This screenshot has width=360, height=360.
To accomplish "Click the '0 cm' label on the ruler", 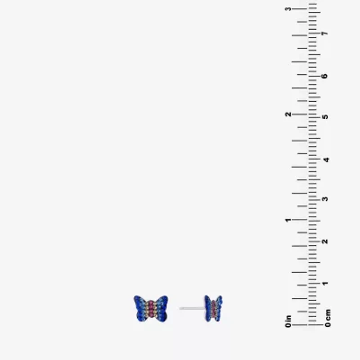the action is (x=328, y=318).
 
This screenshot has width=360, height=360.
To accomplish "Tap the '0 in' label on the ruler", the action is (x=288, y=321).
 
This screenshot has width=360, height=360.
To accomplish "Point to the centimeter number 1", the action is (x=325, y=283).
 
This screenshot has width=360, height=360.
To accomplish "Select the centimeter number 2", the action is (x=325, y=241).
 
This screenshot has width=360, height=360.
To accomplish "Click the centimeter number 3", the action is (x=325, y=199).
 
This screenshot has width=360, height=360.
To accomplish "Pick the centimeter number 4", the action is (x=326, y=160).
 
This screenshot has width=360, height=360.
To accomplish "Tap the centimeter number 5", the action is (x=325, y=117).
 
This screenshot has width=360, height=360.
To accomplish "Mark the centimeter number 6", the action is (x=324, y=76).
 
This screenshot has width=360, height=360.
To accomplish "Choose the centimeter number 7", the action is (x=324, y=33).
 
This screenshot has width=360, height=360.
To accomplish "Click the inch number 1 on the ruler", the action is (x=288, y=220).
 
